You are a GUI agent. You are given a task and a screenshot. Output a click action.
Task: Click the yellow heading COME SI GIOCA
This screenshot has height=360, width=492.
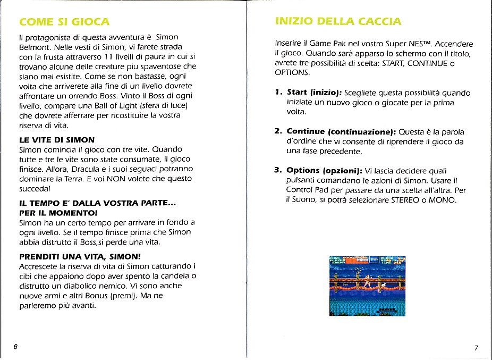pyautogui.click(x=64, y=22)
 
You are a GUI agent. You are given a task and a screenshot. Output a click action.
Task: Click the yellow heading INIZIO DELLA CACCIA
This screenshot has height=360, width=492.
pyautogui.click(x=338, y=21)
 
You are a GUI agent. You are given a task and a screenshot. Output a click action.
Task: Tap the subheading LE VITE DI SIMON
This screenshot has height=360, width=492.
pyautogui.click(x=56, y=140)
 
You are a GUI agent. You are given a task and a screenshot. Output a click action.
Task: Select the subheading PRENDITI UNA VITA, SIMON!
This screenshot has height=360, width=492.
pyautogui.click(x=80, y=256)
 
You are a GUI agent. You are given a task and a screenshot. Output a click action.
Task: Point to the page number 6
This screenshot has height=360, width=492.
pyautogui.click(x=15, y=347)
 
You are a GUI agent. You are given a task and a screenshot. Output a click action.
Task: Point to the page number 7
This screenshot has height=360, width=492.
pyautogui.click(x=476, y=348)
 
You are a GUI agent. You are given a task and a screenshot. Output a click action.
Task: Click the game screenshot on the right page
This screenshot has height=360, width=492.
pyautogui.click(x=368, y=285)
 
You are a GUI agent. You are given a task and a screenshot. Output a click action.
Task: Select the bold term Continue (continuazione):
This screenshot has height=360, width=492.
pyautogui.click(x=341, y=131)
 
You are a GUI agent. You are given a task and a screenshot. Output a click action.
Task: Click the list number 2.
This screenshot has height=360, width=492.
pyautogui.click(x=278, y=131)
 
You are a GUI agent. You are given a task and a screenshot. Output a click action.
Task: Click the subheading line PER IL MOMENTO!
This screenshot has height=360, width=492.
pyautogui.click(x=55, y=212)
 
